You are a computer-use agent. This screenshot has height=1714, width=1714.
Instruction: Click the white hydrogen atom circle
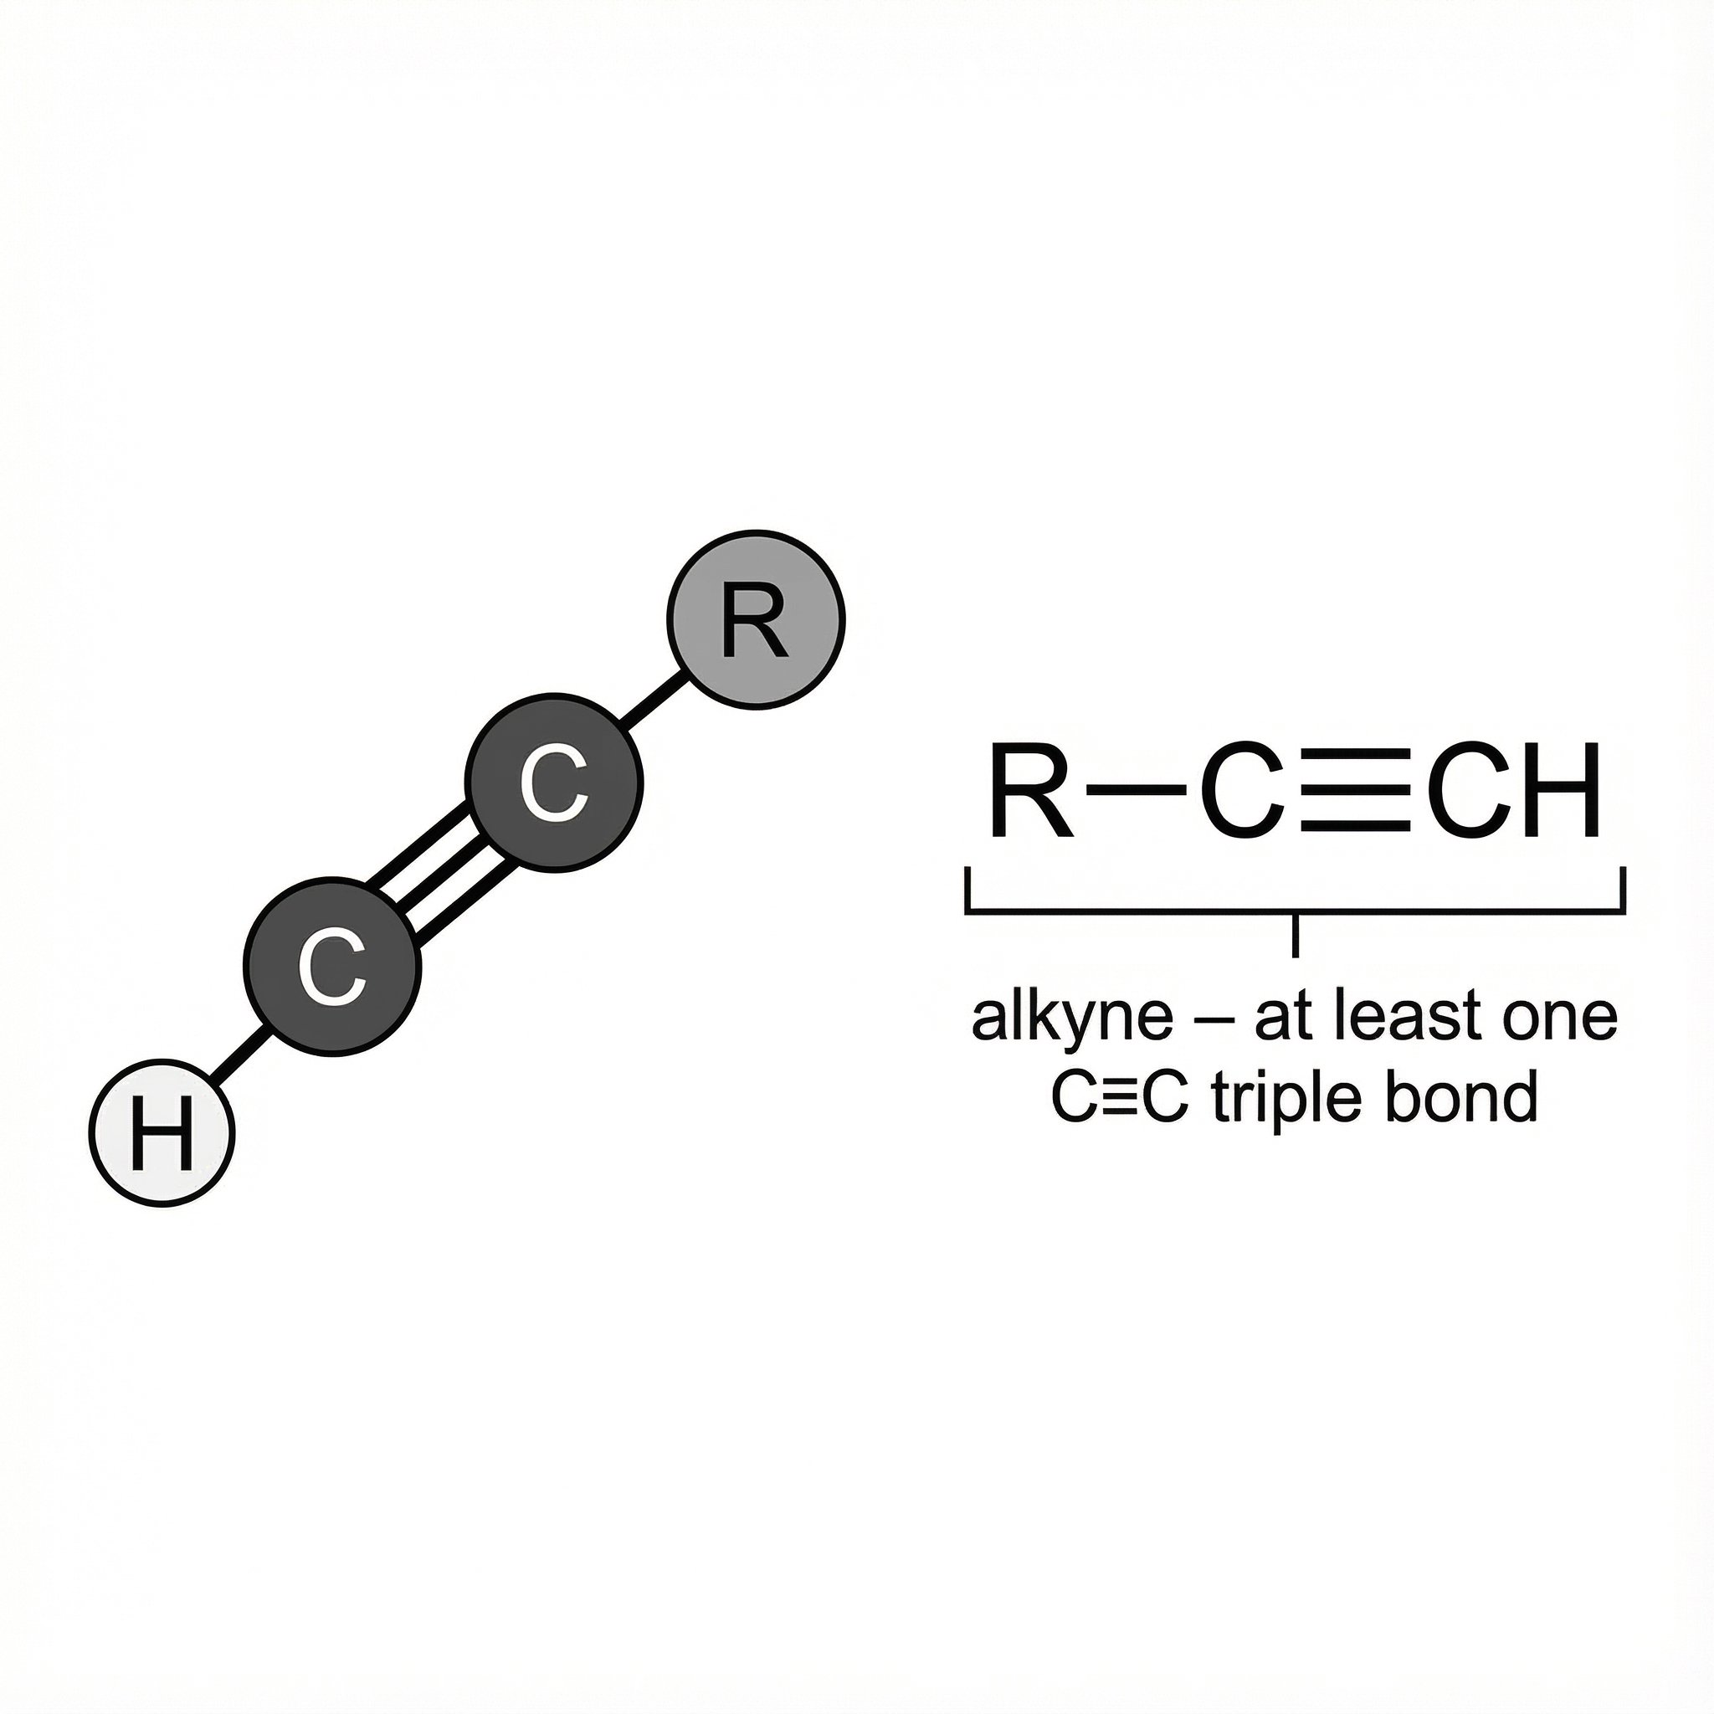click(x=162, y=1133)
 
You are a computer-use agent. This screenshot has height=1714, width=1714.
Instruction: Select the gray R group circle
click(x=756, y=619)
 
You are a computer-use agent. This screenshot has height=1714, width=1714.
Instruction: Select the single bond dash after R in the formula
click(x=1137, y=788)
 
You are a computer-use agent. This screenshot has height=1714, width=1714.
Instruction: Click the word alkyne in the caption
click(x=1073, y=1019)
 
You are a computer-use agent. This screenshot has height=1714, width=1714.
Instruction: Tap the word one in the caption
click(x=1560, y=1019)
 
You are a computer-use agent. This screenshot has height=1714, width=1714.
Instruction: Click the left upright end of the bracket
click(x=968, y=890)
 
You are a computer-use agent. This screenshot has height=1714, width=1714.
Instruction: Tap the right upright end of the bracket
click(x=1623, y=890)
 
